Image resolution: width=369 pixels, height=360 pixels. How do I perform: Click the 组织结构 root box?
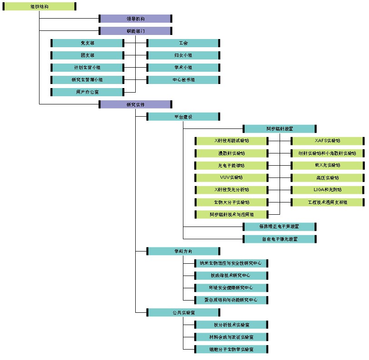coord(39,6)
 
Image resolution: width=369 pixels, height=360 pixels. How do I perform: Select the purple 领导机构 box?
coord(135,19)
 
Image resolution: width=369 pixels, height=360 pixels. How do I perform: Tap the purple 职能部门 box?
coord(135,31)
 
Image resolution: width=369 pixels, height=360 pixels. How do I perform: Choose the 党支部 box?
coord(88,43)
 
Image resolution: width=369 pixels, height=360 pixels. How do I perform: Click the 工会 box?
coord(183,43)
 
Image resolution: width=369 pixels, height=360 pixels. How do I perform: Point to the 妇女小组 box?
coord(183,55)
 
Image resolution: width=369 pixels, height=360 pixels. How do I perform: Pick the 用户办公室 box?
coord(88,92)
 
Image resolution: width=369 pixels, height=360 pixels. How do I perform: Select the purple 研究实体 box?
coord(135,104)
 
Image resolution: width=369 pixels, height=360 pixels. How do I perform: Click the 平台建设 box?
coord(183,117)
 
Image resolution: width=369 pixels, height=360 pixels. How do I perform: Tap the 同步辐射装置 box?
coord(280,129)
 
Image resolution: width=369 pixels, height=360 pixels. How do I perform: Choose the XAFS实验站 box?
coord(327,141)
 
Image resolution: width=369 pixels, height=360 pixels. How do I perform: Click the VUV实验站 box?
coord(231,178)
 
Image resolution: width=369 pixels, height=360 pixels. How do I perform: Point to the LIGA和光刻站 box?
coord(327,190)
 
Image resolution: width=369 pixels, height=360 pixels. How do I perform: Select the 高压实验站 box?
coord(327,178)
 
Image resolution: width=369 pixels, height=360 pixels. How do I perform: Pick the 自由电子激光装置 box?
coord(280,239)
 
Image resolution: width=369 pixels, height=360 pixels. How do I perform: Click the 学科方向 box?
coord(183,251)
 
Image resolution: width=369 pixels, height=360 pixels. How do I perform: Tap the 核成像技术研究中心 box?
coord(231,276)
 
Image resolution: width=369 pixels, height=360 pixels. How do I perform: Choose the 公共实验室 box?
coord(183,312)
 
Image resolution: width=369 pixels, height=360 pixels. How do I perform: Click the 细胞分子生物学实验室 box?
coord(231,349)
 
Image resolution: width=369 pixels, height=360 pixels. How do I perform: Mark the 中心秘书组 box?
coord(183,80)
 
